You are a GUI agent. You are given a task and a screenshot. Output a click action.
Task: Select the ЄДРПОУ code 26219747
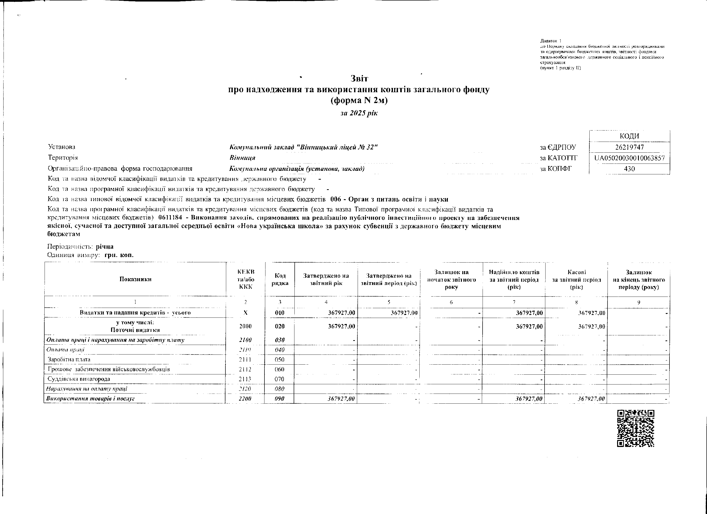coord(629,147)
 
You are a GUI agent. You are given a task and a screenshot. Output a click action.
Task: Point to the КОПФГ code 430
coord(629,169)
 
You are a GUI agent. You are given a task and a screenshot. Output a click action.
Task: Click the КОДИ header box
coord(629,136)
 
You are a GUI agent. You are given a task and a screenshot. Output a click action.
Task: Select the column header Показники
coord(135,279)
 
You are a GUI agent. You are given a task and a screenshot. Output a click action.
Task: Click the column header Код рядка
coord(280,279)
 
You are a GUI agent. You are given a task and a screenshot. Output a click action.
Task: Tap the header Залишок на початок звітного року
coord(451,279)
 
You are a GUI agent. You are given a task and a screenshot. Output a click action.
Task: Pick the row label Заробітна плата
coord(69,359)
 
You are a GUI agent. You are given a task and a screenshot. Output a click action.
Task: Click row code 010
coord(280,312)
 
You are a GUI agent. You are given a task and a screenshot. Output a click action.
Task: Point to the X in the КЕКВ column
coord(245,312)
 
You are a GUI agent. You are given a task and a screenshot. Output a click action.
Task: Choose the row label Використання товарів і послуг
coord(90,398)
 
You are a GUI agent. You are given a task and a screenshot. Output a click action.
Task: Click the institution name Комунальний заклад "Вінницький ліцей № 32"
coord(303,147)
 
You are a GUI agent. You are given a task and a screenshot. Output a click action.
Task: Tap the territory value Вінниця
coord(242,158)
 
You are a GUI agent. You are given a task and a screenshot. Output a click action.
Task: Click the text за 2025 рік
coord(359,113)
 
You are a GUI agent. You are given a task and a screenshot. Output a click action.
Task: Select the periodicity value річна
coord(105,246)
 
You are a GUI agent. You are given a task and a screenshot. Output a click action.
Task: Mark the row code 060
coord(280,369)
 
